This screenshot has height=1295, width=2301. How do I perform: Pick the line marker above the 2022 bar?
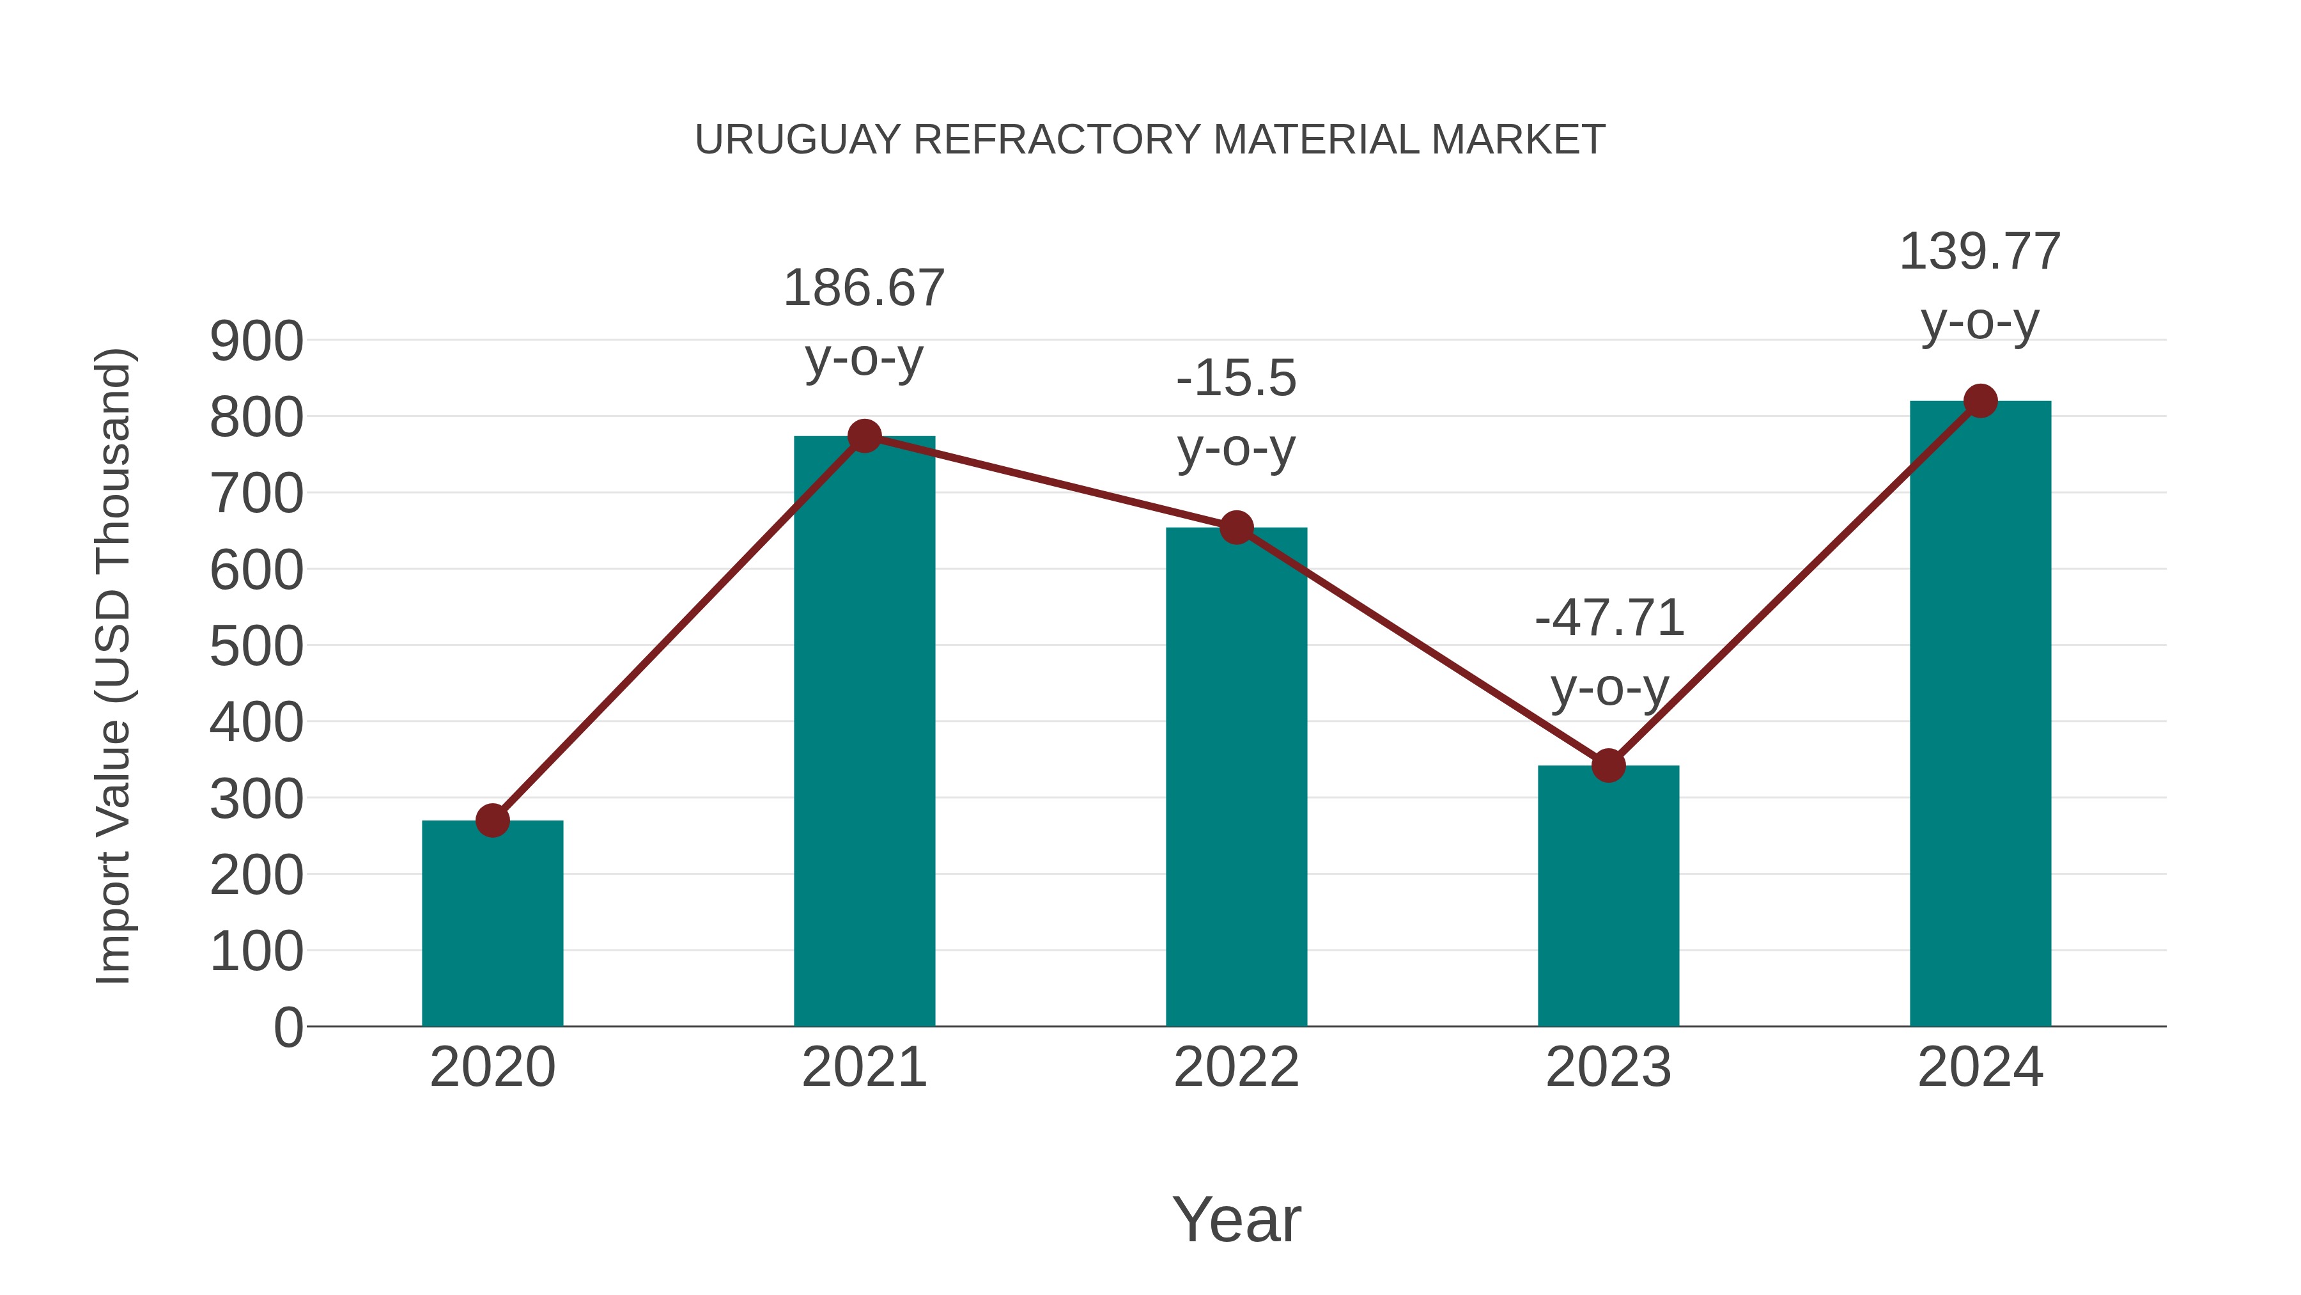click(1236, 528)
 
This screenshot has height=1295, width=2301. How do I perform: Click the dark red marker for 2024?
click(1980, 401)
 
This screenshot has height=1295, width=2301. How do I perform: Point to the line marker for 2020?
click(492, 820)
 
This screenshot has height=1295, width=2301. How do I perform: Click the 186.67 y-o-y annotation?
click(864, 288)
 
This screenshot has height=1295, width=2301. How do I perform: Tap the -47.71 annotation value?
click(1609, 618)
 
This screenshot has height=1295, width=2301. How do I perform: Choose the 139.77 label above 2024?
click(1979, 251)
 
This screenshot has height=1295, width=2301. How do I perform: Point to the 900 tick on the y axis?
click(256, 341)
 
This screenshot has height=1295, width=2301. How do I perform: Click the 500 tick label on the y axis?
click(256, 646)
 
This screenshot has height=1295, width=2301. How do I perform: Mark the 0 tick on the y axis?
click(288, 1028)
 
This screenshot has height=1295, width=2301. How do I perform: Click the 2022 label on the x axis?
click(1236, 1067)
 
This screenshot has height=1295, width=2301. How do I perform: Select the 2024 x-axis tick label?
click(1980, 1067)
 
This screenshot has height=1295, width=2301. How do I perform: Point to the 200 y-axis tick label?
click(256, 876)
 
